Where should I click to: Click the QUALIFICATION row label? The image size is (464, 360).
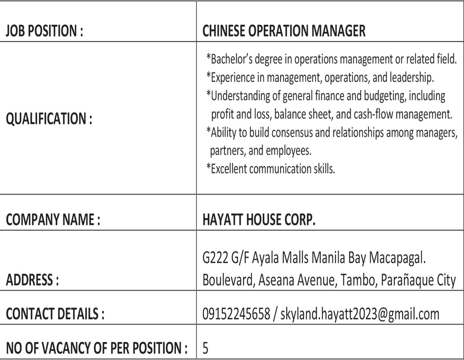49,119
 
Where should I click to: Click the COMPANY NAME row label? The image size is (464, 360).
53,220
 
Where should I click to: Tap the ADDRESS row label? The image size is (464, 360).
32,280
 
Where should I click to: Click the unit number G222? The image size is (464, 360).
215,258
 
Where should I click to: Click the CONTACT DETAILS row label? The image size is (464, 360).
55,314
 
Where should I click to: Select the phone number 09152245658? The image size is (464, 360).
236,314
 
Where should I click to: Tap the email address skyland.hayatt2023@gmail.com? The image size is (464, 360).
360,314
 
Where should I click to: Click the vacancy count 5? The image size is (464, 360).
206,348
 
